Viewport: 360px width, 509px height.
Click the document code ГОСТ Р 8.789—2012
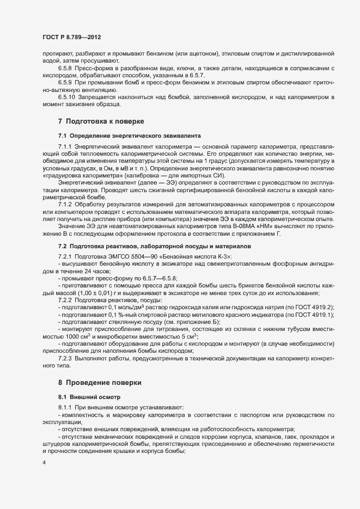tap(71, 37)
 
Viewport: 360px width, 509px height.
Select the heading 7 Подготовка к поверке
tap(100, 120)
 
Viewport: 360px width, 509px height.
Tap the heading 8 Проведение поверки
tap(100, 383)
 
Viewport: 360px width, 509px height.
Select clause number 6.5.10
tap(67, 96)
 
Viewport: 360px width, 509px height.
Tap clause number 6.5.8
tap(65, 68)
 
